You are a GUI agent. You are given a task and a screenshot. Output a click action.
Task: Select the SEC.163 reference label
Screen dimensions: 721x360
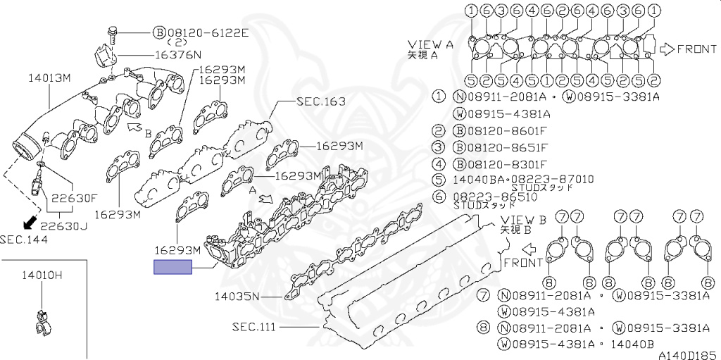[321, 101]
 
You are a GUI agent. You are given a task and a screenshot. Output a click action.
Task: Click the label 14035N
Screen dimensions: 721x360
[237, 296]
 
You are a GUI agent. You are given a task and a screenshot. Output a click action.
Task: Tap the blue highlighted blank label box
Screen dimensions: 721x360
[173, 267]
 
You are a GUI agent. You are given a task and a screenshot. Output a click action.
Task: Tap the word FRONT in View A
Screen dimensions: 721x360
[697, 49]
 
